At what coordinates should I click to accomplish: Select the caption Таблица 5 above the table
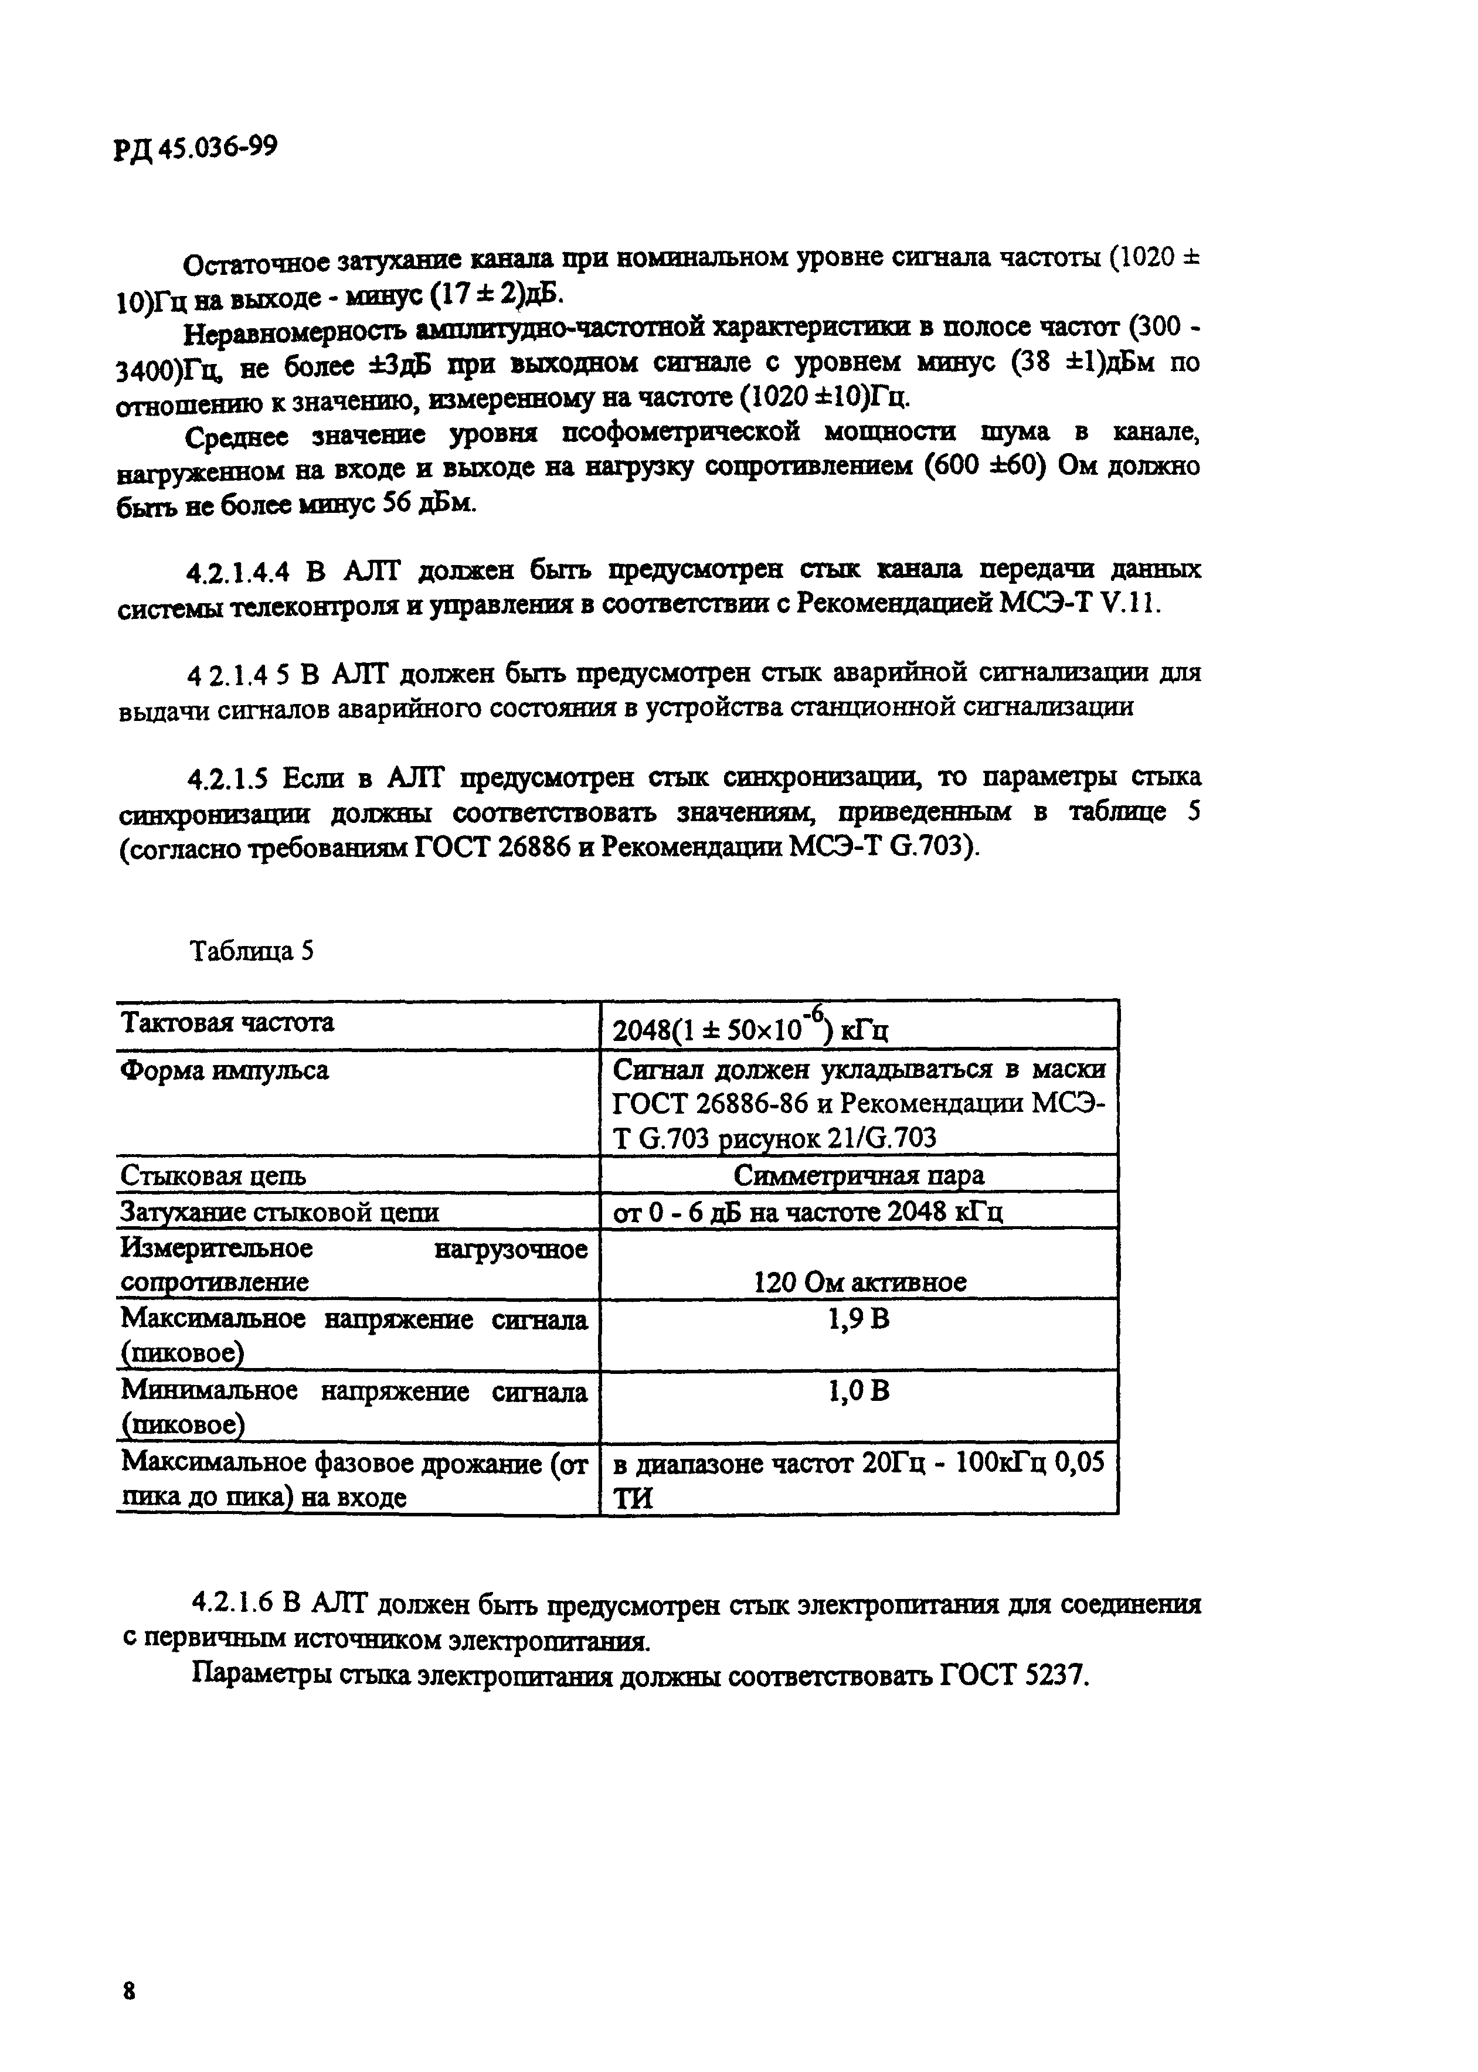(x=251, y=952)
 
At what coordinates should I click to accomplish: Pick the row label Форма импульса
(x=224, y=1070)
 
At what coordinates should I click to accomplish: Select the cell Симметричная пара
(x=858, y=1175)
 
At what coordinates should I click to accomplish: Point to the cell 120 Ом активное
(x=859, y=1282)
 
